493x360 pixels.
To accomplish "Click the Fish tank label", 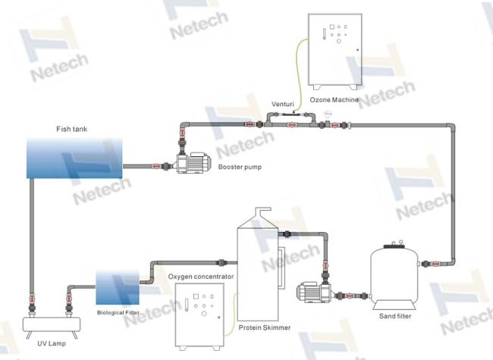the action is [72, 129].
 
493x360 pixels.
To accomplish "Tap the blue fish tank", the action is [74, 158].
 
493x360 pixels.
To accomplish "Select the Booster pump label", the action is [240, 167].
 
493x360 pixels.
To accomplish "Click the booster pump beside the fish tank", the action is [193, 163].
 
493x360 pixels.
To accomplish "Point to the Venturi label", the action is [283, 104].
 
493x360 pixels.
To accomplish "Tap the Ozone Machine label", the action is [334, 100].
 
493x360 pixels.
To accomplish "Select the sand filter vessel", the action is [394, 276].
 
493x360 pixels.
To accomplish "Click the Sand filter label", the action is [395, 316].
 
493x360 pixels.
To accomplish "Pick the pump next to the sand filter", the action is [314, 292].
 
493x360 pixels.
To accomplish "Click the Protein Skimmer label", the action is [265, 327].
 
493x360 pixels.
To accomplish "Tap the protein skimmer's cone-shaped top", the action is [258, 221].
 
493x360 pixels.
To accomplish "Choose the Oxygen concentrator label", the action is [201, 277].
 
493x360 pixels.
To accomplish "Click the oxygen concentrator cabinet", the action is [199, 317].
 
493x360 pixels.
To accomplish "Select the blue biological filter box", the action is [118, 288].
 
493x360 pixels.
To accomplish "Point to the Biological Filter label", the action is [118, 313].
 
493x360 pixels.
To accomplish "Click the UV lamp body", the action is [52, 325].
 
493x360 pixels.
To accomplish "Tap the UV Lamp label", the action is [52, 343].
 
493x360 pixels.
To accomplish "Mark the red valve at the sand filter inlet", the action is [435, 264].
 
